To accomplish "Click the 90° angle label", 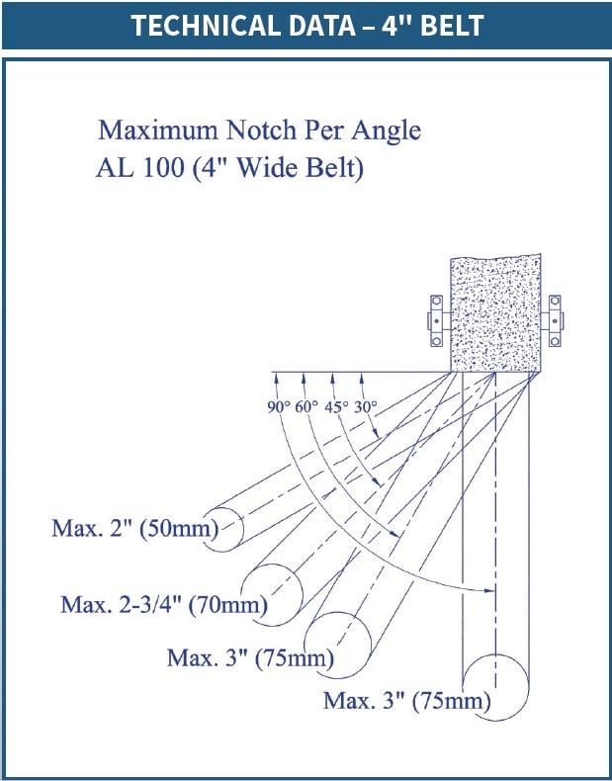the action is [279, 407].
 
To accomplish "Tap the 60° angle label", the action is [306, 407].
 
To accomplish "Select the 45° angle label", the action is [336, 407].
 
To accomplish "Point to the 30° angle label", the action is [366, 407].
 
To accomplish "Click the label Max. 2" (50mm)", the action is [134, 528].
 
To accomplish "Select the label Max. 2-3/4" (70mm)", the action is [164, 605].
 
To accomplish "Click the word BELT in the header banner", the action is [452, 26].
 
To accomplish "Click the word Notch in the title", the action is [261, 130].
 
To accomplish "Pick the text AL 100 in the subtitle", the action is [140, 168].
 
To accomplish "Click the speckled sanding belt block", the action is [495, 312].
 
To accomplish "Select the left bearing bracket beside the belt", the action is [436, 320].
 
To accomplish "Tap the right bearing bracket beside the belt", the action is [554, 320].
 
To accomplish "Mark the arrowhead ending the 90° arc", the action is [490, 591].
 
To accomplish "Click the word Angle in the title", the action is [386, 131].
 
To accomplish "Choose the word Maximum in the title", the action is [158, 130].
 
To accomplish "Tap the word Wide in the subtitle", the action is [266, 168].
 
